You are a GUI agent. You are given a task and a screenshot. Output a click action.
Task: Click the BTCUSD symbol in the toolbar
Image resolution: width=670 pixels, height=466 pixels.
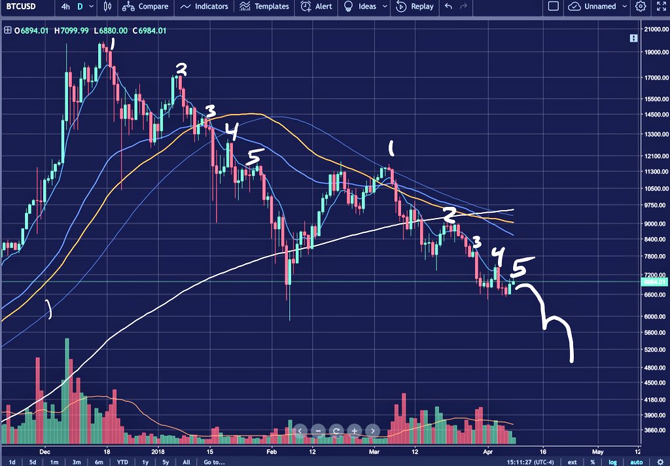[22, 7]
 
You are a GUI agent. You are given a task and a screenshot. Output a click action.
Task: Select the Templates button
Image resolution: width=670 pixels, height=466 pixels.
[264, 7]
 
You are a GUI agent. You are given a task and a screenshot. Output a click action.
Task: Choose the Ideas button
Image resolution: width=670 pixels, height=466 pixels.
[362, 7]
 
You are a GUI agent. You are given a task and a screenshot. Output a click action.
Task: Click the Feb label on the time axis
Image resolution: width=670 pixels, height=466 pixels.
[272, 451]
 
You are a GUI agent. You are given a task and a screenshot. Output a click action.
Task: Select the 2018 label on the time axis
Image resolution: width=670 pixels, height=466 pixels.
[158, 451]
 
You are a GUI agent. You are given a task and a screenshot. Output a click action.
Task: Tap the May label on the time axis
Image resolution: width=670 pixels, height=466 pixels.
[597, 451]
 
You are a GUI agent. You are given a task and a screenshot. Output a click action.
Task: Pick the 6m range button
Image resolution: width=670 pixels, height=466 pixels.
[98, 461]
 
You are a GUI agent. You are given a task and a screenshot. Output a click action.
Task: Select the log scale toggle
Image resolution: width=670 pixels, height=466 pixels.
[613, 461]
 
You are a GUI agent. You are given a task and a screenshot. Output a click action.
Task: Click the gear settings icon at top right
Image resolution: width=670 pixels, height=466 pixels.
[641, 7]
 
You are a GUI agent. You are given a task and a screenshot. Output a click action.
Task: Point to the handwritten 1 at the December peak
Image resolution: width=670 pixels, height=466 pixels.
[113, 45]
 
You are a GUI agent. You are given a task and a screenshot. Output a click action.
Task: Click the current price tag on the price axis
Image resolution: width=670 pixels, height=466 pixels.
[654, 282]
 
